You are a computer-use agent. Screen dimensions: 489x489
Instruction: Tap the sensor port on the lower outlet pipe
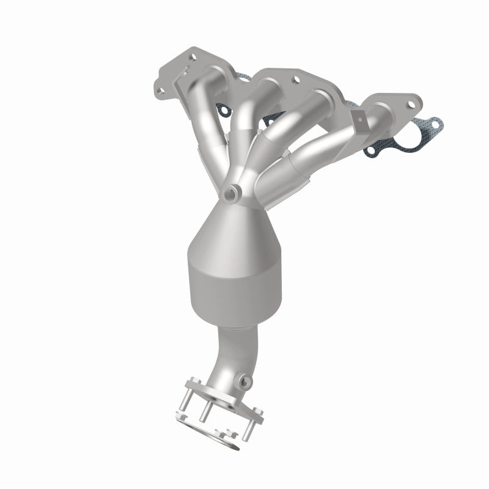point(246,381)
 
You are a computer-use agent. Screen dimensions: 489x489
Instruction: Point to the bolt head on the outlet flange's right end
point(259,416)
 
